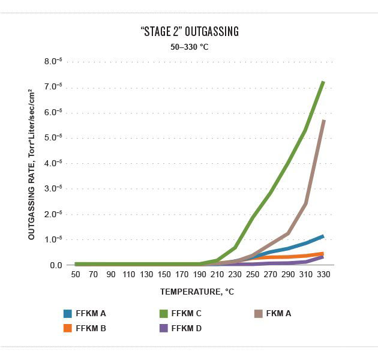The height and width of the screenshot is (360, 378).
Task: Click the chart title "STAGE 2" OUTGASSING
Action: click(x=189, y=32)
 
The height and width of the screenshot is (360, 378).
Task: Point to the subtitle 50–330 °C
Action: click(x=189, y=46)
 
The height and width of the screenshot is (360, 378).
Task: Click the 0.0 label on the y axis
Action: click(x=56, y=265)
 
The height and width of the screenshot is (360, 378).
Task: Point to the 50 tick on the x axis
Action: click(x=76, y=274)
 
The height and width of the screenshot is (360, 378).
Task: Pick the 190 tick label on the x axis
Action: click(x=200, y=274)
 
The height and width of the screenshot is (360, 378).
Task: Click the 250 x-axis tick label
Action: click(x=253, y=274)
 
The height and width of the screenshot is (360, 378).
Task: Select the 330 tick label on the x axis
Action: click(x=324, y=274)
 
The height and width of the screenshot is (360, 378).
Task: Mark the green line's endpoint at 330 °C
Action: click(x=324, y=82)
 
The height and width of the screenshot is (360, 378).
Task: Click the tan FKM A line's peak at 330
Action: click(x=324, y=121)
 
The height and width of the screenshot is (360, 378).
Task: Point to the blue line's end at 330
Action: click(x=324, y=236)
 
